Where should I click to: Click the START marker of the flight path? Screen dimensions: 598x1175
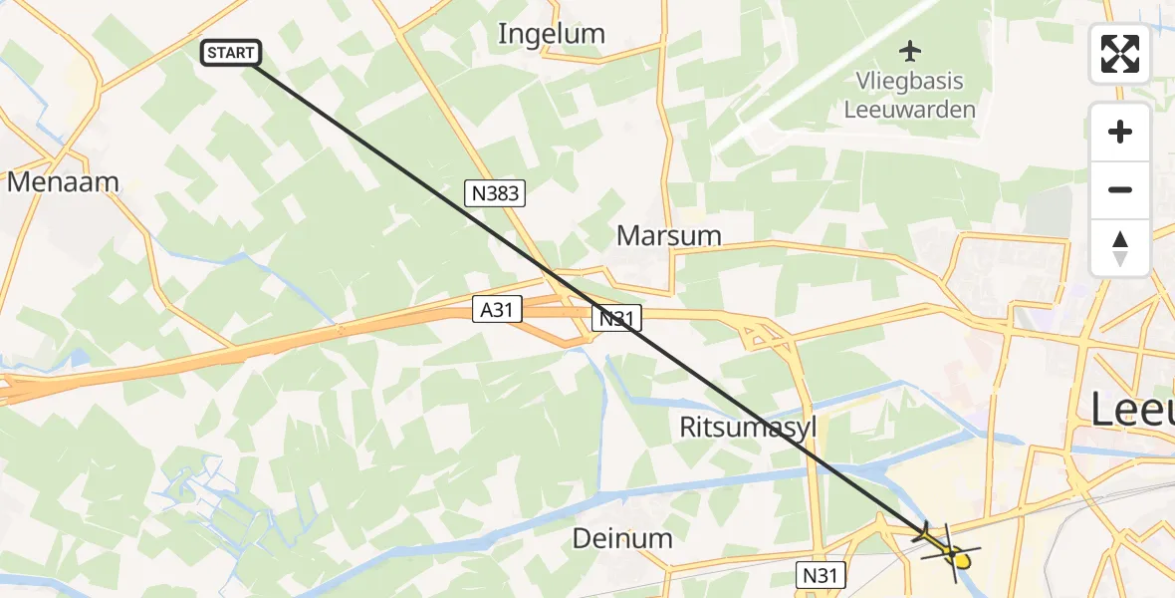pyautogui.click(x=231, y=53)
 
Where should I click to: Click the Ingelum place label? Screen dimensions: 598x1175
pyautogui.click(x=551, y=34)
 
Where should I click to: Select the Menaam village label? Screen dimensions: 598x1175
pyautogui.click(x=63, y=182)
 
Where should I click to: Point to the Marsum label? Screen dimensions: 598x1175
pyautogui.click(x=668, y=236)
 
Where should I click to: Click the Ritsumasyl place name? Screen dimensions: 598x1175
pyautogui.click(x=747, y=428)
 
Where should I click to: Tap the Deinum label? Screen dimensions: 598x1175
pyautogui.click(x=622, y=539)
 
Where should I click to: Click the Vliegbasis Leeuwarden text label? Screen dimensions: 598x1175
pyautogui.click(x=909, y=95)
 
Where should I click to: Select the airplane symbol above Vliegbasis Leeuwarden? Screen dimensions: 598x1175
pyautogui.click(x=910, y=50)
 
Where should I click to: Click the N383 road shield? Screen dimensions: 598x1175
pyautogui.click(x=495, y=193)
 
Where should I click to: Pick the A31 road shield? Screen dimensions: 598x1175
pyautogui.click(x=496, y=310)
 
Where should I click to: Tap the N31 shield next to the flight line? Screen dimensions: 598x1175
pyautogui.click(x=617, y=319)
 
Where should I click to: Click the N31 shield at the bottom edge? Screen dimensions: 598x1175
pyautogui.click(x=822, y=575)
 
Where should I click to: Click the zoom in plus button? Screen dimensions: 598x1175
pyautogui.click(x=1120, y=133)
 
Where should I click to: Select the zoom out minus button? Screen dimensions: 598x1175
pyautogui.click(x=1120, y=189)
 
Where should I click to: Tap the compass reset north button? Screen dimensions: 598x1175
pyautogui.click(x=1120, y=247)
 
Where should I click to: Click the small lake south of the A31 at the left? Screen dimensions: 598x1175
pyautogui.click(x=80, y=357)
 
